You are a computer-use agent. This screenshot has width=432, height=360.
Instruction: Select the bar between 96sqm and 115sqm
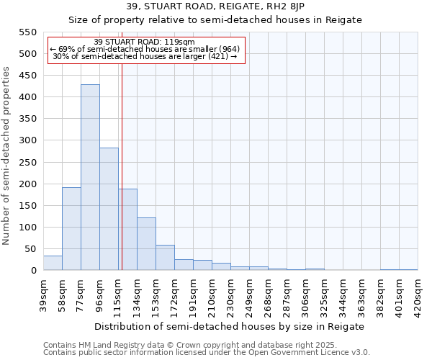point(109,209)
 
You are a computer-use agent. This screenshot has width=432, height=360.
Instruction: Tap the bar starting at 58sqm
point(71,228)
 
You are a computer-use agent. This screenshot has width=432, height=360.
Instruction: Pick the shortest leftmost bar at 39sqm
point(53,263)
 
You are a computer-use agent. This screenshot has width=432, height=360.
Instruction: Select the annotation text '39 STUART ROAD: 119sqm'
point(145,42)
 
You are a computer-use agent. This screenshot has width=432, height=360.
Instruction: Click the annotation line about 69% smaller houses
point(145,49)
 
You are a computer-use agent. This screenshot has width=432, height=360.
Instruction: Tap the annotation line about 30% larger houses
point(145,56)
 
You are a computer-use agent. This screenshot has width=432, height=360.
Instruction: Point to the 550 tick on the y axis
point(27,32)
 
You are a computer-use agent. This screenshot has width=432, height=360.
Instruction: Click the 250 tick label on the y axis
point(27,163)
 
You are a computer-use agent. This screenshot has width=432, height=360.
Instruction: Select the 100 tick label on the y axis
point(27,228)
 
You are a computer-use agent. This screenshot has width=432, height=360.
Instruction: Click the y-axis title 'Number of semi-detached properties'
point(6,156)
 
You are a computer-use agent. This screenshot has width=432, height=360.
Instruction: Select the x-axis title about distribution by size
point(230,326)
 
